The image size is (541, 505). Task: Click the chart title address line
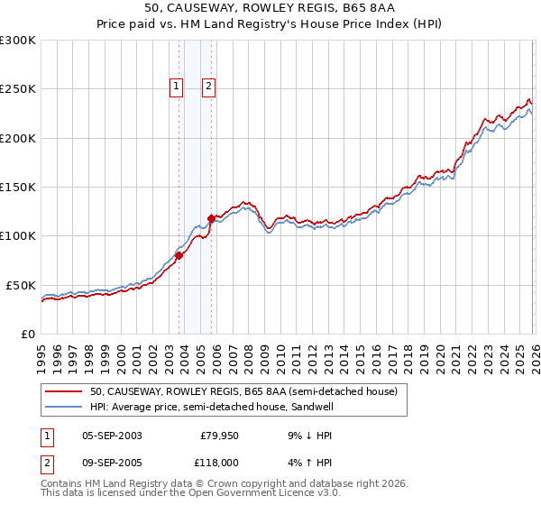click(270, 8)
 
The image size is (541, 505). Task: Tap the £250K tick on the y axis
click(18, 89)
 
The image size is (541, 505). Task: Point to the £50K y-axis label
click(21, 285)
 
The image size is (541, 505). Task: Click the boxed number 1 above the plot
click(175, 87)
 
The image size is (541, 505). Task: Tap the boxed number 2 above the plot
click(208, 87)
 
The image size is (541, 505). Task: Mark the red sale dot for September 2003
click(179, 255)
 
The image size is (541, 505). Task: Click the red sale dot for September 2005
click(211, 218)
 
